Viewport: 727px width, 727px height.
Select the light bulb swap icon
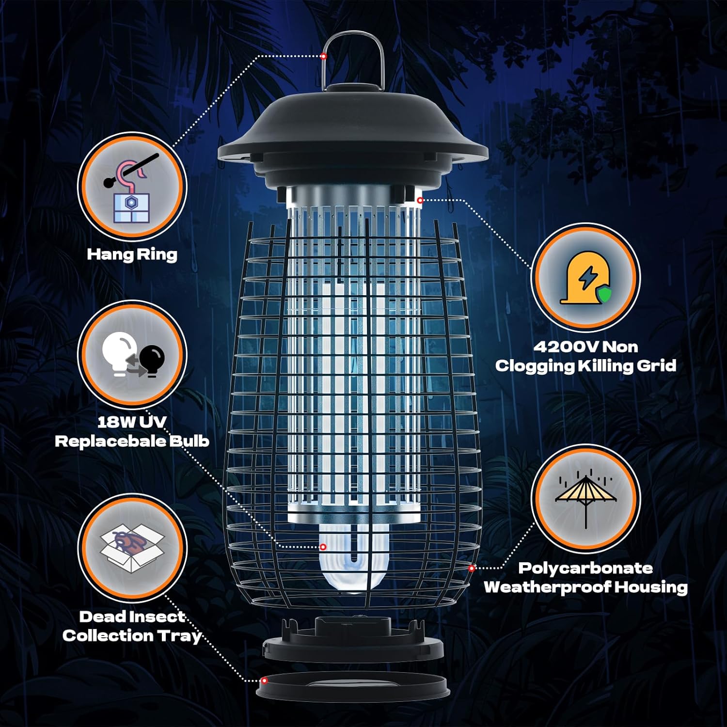(132, 354)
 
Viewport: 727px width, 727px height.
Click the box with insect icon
(132, 547)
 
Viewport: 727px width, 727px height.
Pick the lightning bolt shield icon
(585, 278)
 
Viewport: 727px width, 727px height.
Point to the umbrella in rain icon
(585, 499)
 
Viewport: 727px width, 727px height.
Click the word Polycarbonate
(585, 568)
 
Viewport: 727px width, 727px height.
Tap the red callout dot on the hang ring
(323, 57)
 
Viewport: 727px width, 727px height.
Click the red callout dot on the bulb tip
(323, 547)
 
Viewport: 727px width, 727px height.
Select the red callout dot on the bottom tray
(264, 681)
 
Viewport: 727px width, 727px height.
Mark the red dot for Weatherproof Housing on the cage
(472, 568)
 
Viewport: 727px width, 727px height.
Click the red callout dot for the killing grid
(420, 200)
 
